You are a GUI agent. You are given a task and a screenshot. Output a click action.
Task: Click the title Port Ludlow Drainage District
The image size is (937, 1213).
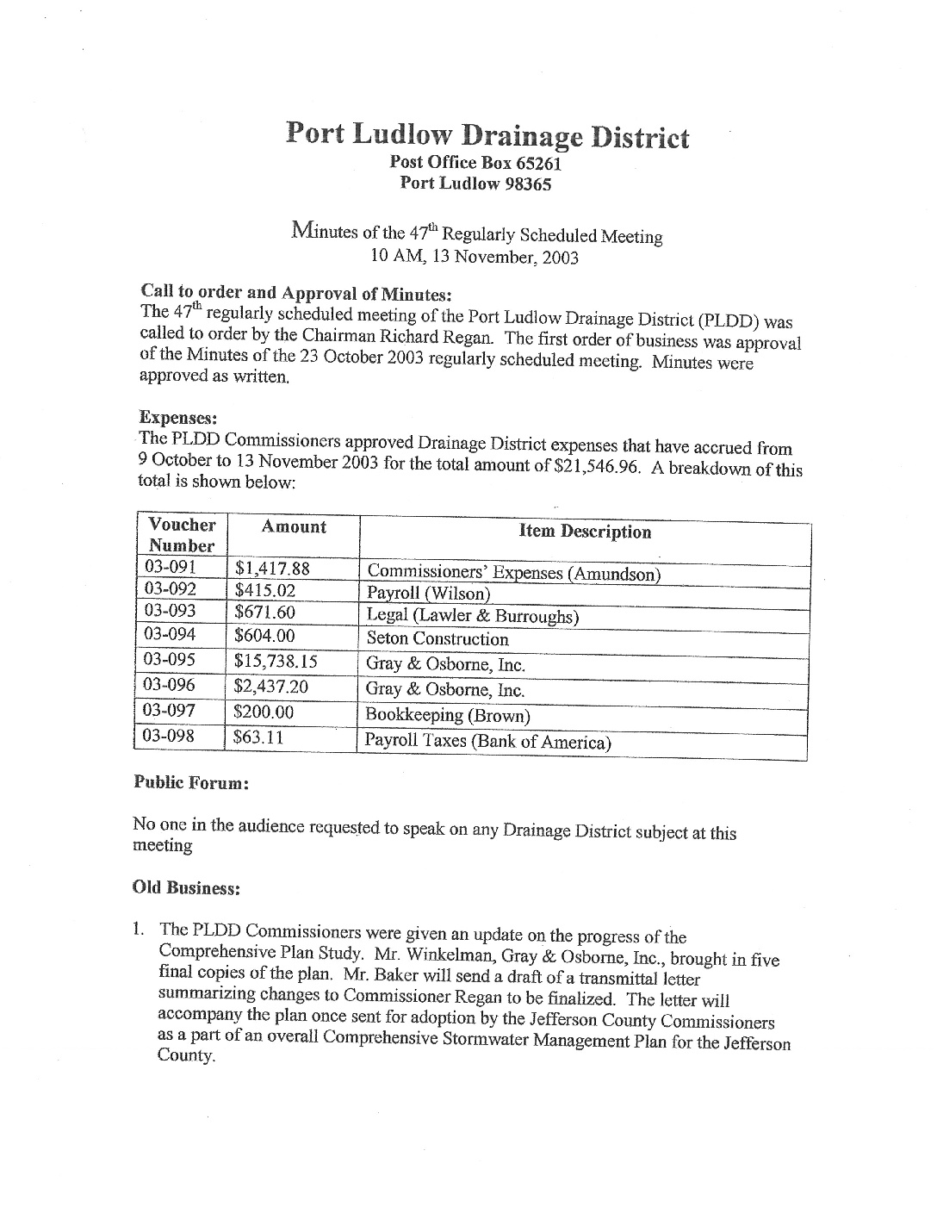pos(487,135)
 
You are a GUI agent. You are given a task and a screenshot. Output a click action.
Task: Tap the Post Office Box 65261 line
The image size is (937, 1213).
pos(475,162)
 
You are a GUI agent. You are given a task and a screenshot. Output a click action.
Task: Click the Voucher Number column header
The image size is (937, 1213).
pos(182,535)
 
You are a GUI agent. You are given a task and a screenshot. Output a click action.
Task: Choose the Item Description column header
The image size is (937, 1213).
pos(585,532)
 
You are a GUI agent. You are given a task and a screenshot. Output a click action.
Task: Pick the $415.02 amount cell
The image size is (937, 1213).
pos(264,590)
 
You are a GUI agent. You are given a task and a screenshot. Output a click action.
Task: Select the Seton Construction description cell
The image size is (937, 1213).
pos(437,639)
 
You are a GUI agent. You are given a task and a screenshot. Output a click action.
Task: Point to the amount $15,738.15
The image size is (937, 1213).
pos(276,662)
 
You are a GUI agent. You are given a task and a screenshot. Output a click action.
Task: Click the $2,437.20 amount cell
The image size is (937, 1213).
pos(270,687)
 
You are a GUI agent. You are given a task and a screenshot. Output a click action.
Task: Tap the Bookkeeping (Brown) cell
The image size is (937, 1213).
pos(448,715)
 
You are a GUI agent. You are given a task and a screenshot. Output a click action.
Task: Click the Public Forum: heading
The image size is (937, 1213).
pos(192,783)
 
